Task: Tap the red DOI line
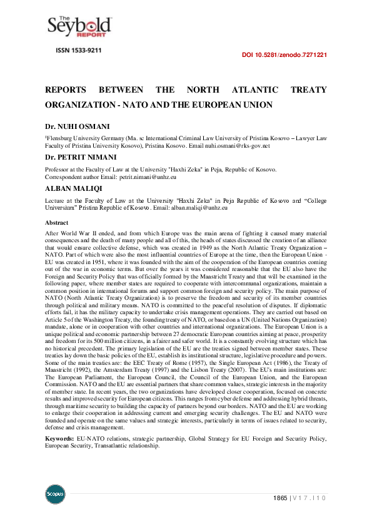284,55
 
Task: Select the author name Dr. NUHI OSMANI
78,126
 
